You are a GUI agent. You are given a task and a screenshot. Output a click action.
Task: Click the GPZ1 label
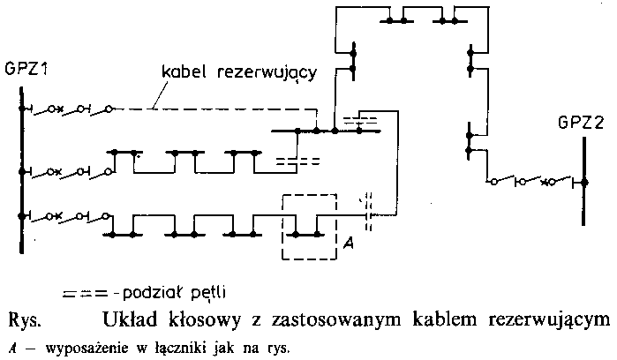click(x=26, y=68)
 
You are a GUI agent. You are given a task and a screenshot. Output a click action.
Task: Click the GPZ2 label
click(x=579, y=123)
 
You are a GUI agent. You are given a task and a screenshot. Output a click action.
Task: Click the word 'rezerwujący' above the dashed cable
click(x=261, y=73)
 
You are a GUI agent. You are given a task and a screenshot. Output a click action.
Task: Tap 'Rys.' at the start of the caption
click(x=23, y=319)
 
